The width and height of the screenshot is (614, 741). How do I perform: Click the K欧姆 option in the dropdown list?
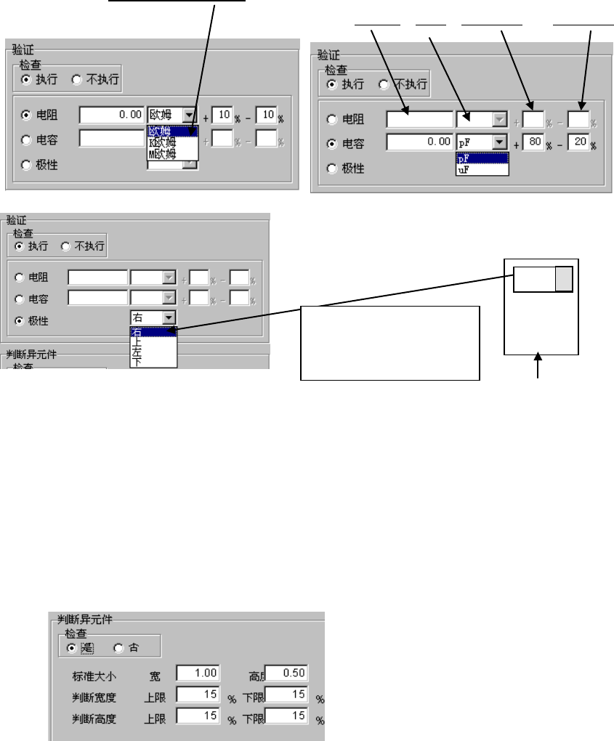tap(162, 143)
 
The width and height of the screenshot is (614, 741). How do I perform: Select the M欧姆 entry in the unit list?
tap(163, 153)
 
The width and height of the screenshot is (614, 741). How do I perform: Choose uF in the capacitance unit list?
tap(462, 169)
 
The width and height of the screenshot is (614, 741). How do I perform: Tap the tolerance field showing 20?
tap(578, 143)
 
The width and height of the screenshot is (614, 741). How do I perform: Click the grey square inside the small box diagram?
tap(564, 280)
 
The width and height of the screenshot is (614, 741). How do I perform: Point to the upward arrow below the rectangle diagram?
tap(538, 366)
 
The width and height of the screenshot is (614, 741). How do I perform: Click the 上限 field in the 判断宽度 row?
tap(196, 695)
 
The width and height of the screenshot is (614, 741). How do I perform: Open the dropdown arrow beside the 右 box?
tap(169, 317)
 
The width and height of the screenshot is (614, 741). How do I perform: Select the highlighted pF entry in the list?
tap(462, 158)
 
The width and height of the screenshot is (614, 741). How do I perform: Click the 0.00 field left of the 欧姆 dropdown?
tap(113, 115)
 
